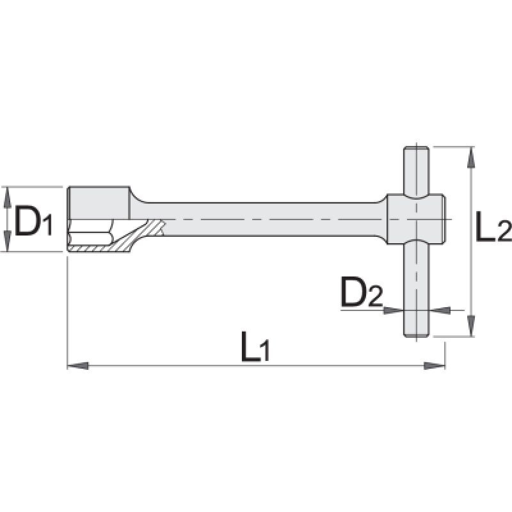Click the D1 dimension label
pos(32,221)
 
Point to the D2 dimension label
pos(361,294)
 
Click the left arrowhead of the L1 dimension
pos(77,365)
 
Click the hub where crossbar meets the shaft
pos(416,218)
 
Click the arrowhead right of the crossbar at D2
pos(439,310)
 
